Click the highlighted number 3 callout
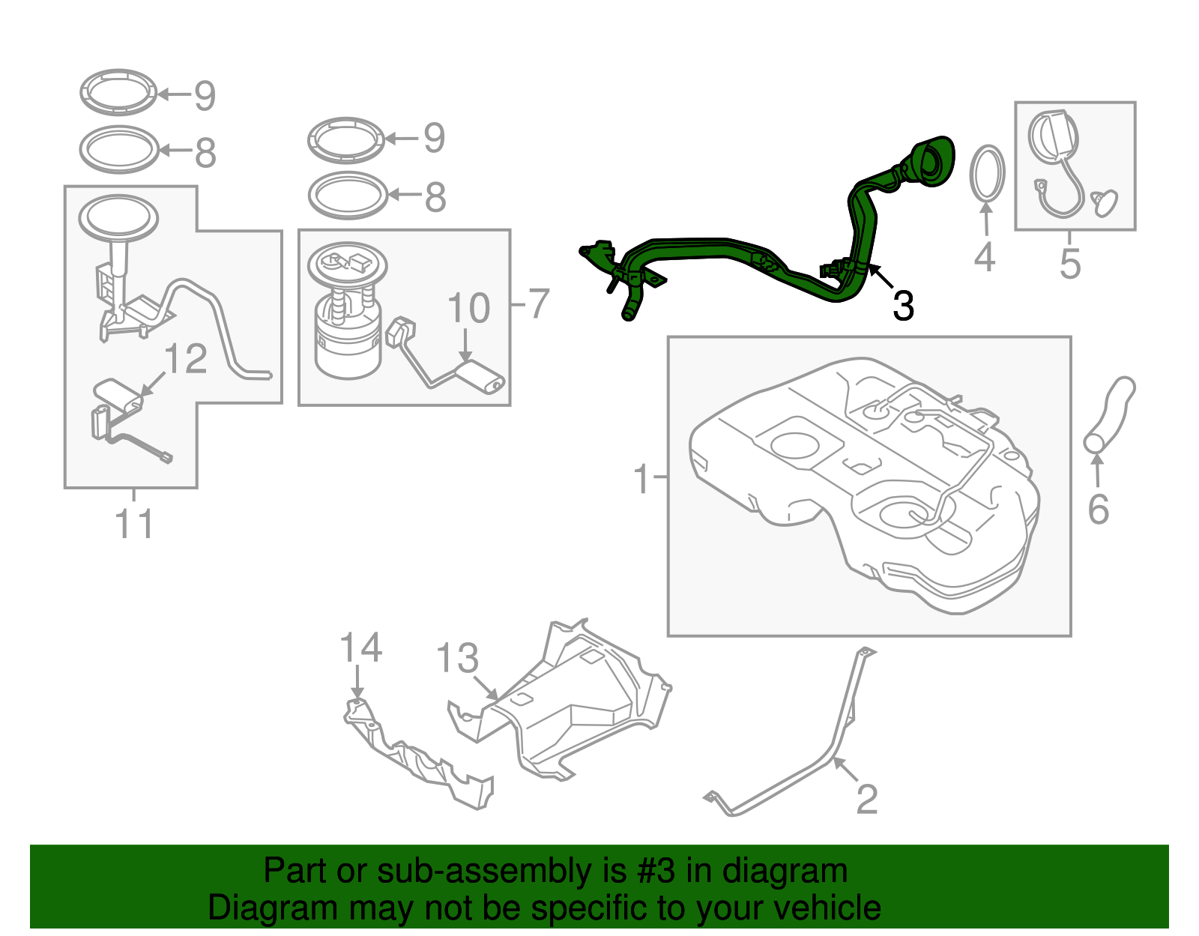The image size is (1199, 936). coord(903,307)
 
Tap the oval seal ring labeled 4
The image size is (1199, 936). coord(987,174)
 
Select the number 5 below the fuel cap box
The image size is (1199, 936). coord(1070,264)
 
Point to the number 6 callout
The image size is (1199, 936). coord(1098,510)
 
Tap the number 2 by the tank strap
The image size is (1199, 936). coord(867,800)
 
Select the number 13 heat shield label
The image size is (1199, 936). coord(457,659)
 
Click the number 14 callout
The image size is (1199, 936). coord(360,647)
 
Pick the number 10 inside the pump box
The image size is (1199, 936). coord(468,309)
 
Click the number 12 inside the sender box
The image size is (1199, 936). coord(185,359)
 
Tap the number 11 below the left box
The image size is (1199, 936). coord(135,524)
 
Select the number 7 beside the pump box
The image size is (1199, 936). coord(539,304)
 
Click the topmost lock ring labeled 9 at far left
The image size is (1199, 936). coord(118,93)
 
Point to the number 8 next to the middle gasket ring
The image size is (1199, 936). coord(435,198)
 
